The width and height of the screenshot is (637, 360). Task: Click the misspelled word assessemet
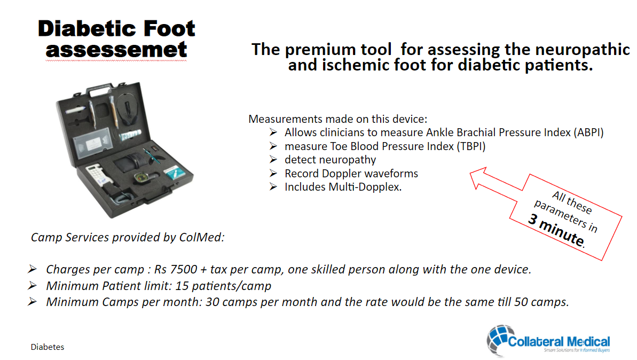(116, 50)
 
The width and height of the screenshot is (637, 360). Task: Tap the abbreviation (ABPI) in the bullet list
(588, 132)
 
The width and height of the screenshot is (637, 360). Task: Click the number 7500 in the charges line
(184, 269)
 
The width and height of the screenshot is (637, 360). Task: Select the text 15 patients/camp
(223, 286)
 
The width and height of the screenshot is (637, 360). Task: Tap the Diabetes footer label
(48, 347)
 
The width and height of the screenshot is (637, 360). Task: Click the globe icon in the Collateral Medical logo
(499, 339)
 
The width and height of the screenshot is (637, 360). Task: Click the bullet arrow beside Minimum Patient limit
(33, 286)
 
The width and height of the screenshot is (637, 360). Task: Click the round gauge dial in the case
(140, 177)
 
